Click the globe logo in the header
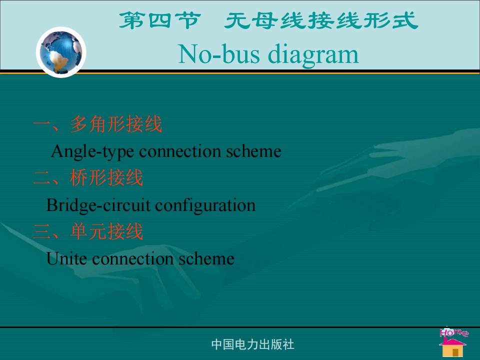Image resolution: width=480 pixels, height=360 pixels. (x=61, y=52)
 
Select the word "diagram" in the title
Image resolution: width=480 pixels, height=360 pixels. (x=313, y=55)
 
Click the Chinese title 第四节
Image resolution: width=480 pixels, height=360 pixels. (x=160, y=21)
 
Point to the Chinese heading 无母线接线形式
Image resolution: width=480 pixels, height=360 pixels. (x=321, y=21)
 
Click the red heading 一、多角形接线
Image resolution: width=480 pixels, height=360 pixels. (x=97, y=124)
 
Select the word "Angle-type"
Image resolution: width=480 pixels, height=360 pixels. (x=92, y=151)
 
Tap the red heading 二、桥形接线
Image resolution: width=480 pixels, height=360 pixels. (x=88, y=178)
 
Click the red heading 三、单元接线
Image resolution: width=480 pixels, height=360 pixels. (x=88, y=231)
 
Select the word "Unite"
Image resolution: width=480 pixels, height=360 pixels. (x=66, y=258)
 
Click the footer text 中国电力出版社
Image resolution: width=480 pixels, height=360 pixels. (x=253, y=344)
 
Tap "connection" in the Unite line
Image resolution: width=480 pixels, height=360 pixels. (x=133, y=259)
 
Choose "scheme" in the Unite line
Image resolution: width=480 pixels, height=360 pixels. (x=206, y=258)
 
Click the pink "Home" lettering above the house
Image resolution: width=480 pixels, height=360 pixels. (x=454, y=332)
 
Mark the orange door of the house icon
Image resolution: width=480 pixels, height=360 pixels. (x=455, y=352)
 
